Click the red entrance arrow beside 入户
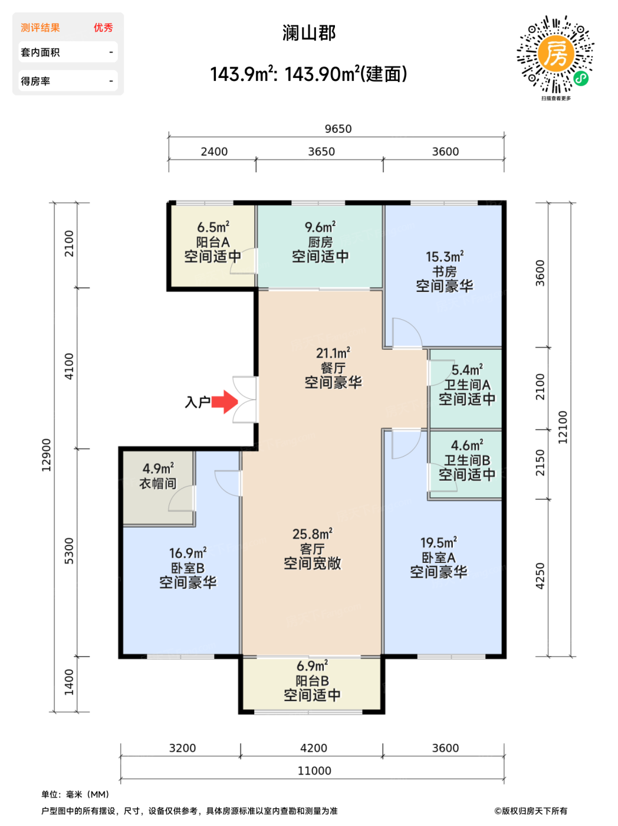pos(224,402)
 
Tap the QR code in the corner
pos(555,54)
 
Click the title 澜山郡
pos(309,34)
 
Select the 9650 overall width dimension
pos(338,129)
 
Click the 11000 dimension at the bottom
pos(314,771)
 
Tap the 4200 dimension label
pos(314,748)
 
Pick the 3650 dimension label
pos(321,152)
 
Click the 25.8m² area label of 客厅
pos(312,534)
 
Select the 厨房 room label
pos(320,242)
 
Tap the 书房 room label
pos(444,271)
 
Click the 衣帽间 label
pos(158,484)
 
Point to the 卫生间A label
pos(467,385)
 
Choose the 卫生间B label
pos(467,460)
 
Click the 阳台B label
pos(312,681)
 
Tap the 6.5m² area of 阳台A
pos(213,227)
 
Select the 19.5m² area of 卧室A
pos(439,543)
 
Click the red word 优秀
pos(103,28)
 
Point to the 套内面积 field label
pos(40,53)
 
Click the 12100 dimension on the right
pos(563,427)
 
